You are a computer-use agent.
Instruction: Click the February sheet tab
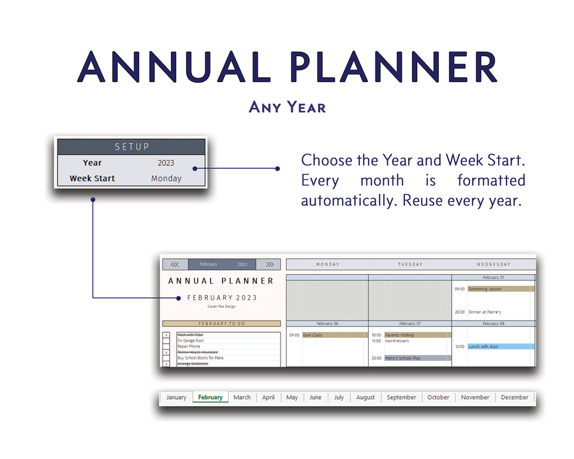click(210, 397)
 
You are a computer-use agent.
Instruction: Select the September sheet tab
click(401, 397)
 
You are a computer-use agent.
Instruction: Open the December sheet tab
click(514, 397)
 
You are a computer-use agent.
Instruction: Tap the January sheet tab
click(176, 397)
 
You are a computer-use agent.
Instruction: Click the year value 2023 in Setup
click(166, 163)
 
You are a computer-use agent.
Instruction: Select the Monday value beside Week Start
click(166, 178)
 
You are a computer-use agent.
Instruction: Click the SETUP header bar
click(131, 147)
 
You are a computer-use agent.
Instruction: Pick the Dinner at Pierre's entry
click(485, 312)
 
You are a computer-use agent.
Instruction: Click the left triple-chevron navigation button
click(175, 264)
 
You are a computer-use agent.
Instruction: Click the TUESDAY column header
click(409, 264)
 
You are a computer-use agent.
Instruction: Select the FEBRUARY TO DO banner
click(221, 324)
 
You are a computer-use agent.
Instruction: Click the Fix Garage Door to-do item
click(192, 341)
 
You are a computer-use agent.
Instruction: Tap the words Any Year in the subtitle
click(287, 106)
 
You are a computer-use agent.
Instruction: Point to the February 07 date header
click(409, 323)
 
